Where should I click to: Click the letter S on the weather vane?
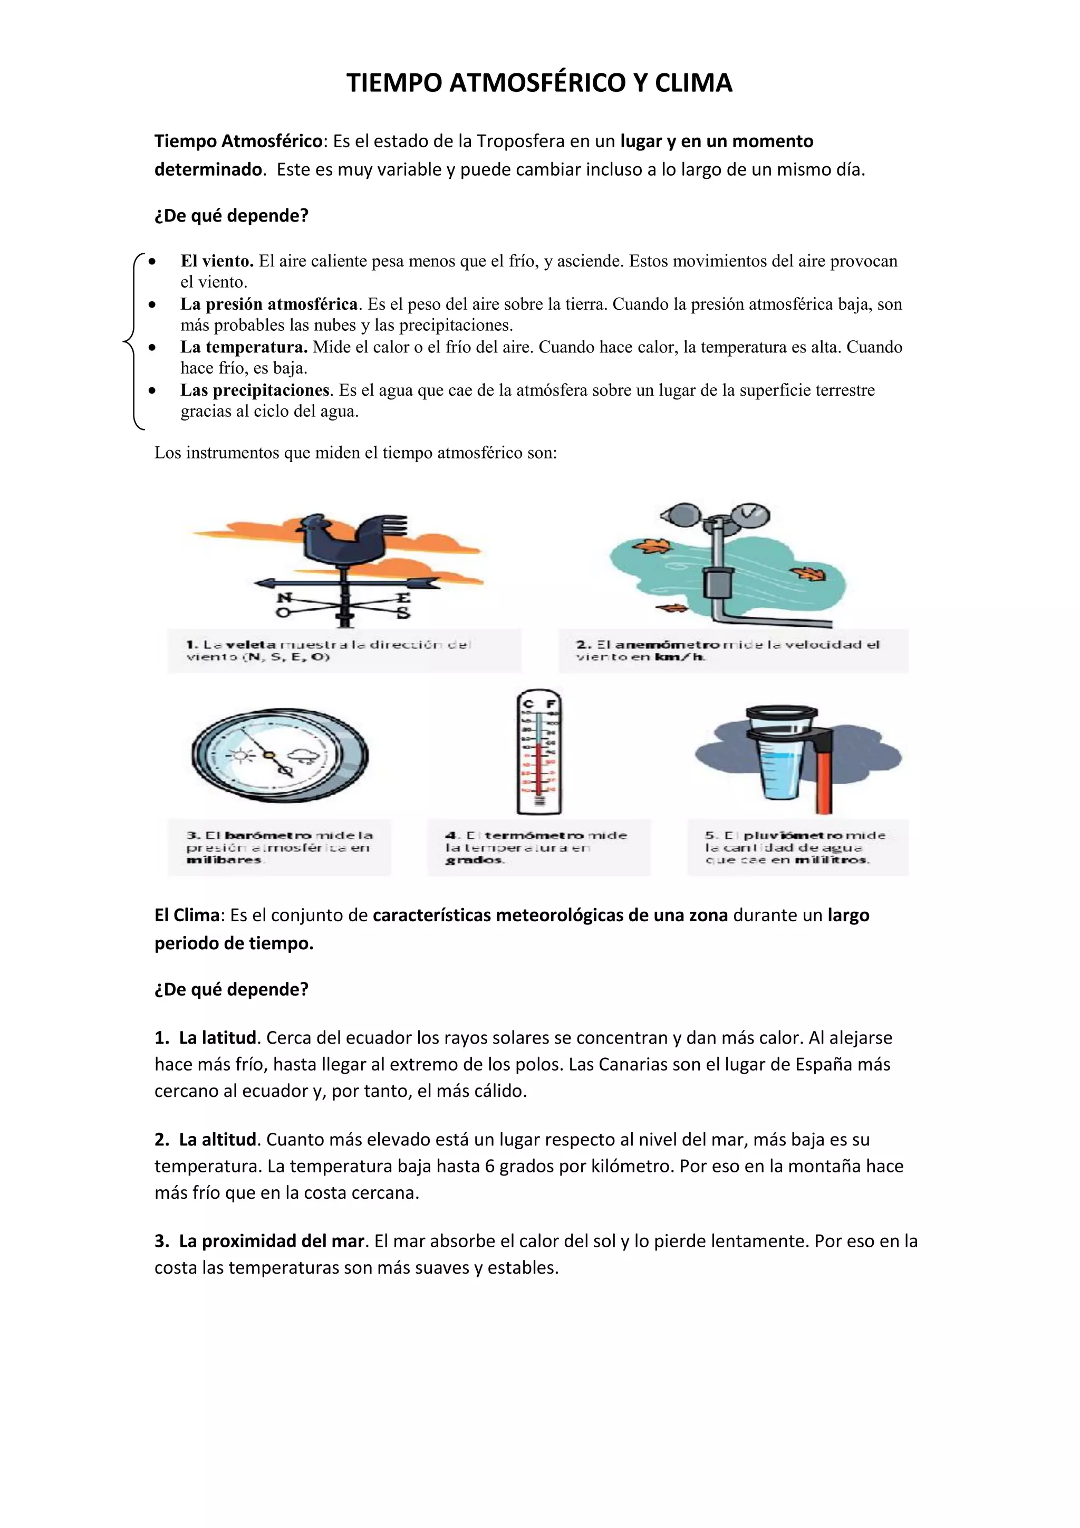tap(403, 613)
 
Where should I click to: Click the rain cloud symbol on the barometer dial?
tap(306, 756)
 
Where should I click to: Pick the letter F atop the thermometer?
tap(551, 703)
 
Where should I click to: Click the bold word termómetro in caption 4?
tap(534, 835)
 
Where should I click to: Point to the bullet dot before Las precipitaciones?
tap(152, 390)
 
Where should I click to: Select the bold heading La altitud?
tap(217, 1139)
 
